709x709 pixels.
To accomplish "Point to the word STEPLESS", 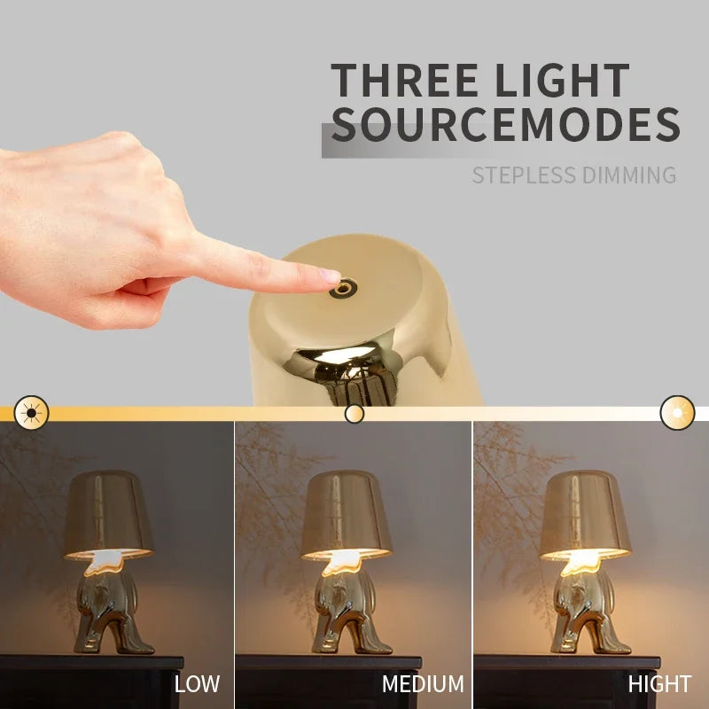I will tap(523, 175).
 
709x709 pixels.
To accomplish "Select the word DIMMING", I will tap(630, 175).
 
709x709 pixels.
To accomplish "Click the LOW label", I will tap(197, 684).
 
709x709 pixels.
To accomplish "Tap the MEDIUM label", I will tap(423, 684).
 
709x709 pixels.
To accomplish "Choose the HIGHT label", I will tap(659, 684).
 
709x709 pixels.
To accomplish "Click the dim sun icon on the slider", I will tap(32, 413).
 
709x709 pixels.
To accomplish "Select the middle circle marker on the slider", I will tap(354, 413).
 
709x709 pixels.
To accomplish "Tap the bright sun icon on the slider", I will tap(678, 413).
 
